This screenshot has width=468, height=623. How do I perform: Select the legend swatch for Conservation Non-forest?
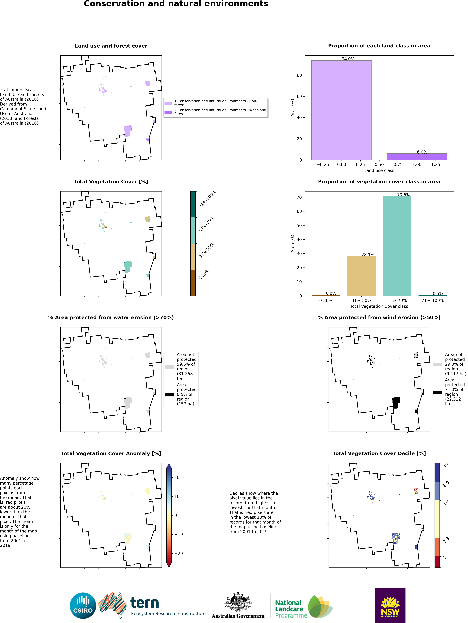[168, 103]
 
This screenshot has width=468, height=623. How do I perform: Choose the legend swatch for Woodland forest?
[168, 112]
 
